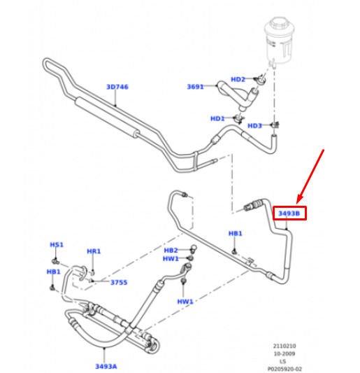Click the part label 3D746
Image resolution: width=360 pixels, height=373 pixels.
coord(117,87)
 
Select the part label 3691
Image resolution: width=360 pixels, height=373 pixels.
coord(195,87)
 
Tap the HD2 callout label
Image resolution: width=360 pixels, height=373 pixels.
coord(238,80)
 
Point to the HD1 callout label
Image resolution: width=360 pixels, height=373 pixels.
coord(217,118)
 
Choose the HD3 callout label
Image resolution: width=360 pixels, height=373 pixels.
coord(254,125)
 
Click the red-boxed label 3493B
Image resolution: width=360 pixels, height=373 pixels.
coord(289,213)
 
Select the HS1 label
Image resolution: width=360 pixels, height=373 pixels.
coord(57,244)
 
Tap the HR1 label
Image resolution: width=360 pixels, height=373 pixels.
coord(94,251)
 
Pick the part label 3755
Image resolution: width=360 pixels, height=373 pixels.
coord(119,282)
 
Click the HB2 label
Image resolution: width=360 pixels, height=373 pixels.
coord(171,251)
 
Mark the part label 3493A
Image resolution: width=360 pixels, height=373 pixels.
coord(106,366)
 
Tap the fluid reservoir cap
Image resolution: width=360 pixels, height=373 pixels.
coord(279,23)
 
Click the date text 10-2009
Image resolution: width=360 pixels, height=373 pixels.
coord(285,353)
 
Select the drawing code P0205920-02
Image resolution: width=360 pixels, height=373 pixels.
coord(285,369)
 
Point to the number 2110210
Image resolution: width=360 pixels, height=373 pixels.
coord(285,346)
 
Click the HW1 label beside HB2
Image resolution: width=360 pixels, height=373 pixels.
coord(171,258)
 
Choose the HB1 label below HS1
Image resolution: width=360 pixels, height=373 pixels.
coord(53,272)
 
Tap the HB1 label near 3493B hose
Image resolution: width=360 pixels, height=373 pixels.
coord(236,233)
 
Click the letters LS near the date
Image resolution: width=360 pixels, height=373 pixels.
coord(282,362)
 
